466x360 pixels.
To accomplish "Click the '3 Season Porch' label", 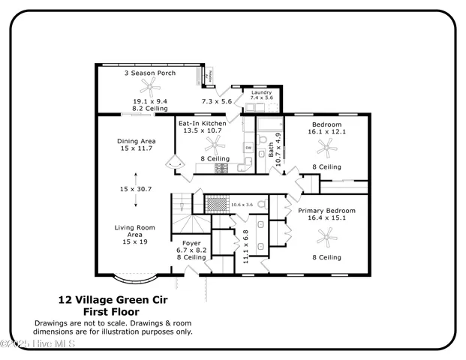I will click(x=146, y=73).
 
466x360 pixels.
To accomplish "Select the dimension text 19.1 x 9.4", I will click(x=150, y=100).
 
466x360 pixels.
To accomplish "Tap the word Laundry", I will click(x=261, y=92).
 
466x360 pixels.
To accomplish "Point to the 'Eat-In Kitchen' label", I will click(x=201, y=122).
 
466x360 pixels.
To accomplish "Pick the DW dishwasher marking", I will click(x=248, y=147).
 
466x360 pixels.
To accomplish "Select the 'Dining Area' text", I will click(x=136, y=140).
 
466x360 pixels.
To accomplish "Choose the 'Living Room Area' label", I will click(x=134, y=234).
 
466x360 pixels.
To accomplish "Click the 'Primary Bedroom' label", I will click(x=326, y=211).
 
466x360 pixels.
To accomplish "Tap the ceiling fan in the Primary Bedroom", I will click(x=326, y=238).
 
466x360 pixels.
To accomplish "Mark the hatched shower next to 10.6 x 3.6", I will click(x=217, y=203).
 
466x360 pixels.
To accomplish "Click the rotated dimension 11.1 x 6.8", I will click(x=245, y=245).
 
